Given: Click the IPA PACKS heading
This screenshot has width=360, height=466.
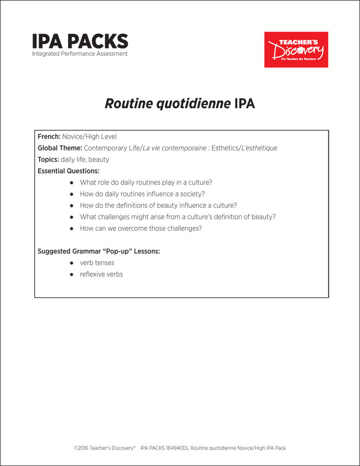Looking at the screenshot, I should (80, 41).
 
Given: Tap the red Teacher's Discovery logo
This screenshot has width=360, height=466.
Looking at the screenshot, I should (296, 49).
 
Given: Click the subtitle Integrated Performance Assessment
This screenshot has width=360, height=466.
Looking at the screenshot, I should (80, 54).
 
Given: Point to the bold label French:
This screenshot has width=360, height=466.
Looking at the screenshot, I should (49, 137).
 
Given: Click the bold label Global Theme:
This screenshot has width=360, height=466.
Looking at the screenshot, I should (60, 148).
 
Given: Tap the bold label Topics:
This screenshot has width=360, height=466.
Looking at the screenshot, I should (48, 159).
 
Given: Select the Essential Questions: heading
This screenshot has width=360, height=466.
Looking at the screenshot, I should (68, 171).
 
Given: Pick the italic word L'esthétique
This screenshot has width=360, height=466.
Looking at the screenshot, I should (259, 148).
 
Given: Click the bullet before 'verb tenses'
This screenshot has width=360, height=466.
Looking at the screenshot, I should (72, 263).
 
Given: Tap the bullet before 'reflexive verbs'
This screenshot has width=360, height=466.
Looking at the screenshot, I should (72, 274).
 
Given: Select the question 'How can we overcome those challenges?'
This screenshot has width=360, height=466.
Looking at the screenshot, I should (141, 228).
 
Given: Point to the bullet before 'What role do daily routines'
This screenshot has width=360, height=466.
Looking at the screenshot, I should (72, 183).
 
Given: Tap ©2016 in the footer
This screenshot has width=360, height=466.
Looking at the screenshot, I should (82, 448).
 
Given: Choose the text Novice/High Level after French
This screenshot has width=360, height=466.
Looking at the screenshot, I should (89, 137).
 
